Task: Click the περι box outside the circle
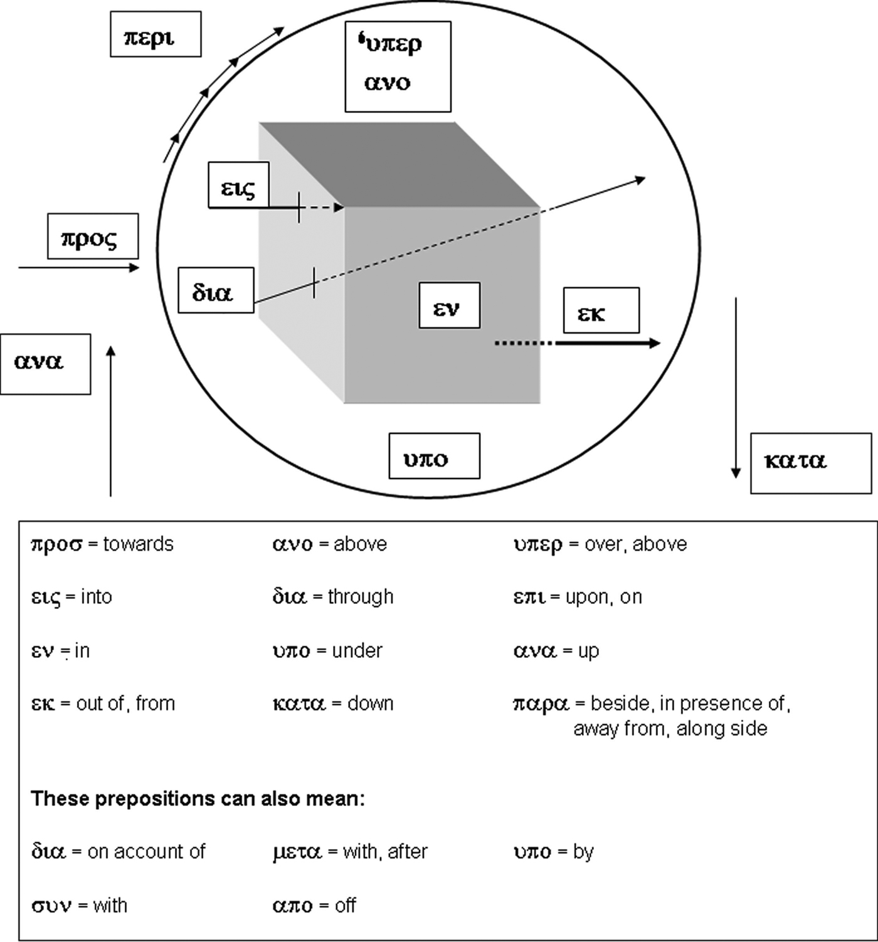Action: pyautogui.click(x=156, y=34)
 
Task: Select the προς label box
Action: pyautogui.click(x=93, y=236)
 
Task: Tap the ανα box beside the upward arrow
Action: pyautogui.click(x=45, y=364)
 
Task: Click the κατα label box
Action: pyautogui.click(x=810, y=463)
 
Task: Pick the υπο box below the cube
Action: pyautogui.click(x=434, y=456)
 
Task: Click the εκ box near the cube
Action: pyautogui.click(x=601, y=310)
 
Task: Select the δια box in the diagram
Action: pyautogui.click(x=216, y=290)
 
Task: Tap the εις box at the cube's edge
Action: pyautogui.click(x=238, y=185)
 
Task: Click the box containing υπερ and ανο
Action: pyautogui.click(x=398, y=66)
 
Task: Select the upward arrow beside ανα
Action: pyautogui.click(x=111, y=420)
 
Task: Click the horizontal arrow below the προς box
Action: pyautogui.click(x=79, y=268)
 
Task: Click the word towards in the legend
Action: pyautogui.click(x=138, y=544)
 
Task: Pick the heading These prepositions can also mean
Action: pyautogui.click(x=198, y=799)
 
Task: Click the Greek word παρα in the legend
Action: pyautogui.click(x=541, y=704)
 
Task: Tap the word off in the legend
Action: pyautogui.click(x=345, y=905)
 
